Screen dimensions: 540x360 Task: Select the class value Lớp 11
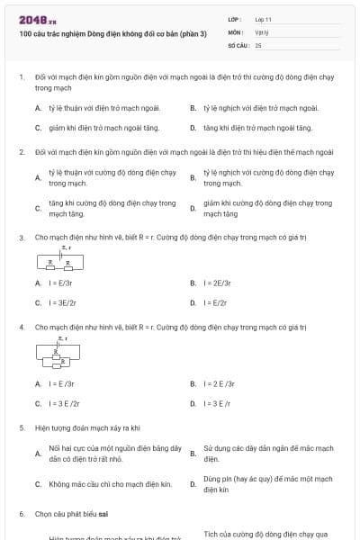tap(263, 19)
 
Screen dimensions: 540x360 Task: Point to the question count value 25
tap(258, 44)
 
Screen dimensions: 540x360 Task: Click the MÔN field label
tap(233, 31)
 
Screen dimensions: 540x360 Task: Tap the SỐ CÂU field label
tap(238, 44)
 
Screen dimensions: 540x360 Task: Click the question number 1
tap(21, 78)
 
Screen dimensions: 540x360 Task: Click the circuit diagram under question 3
tap(61, 260)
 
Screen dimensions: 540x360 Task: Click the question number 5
tap(21, 427)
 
